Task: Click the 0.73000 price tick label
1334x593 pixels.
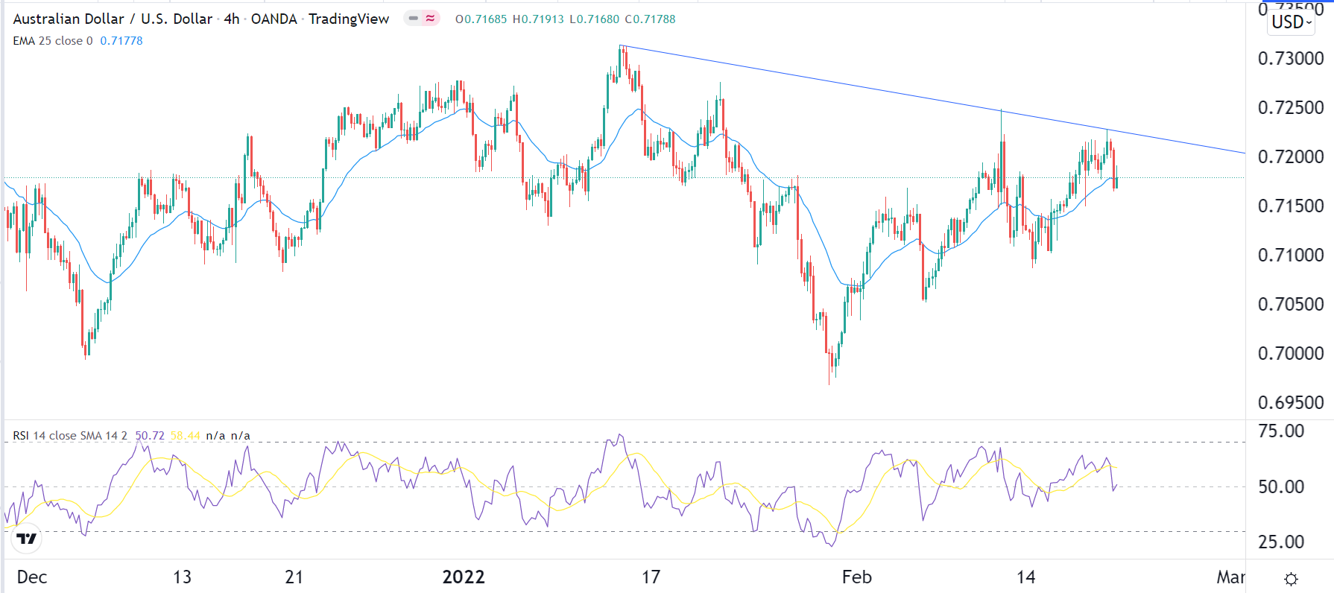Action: click(x=1290, y=59)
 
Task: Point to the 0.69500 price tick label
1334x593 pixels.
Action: click(x=1290, y=403)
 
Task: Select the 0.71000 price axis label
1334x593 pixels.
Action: click(x=1290, y=256)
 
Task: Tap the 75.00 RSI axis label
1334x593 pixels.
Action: click(x=1281, y=431)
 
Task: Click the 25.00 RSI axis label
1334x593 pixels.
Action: click(x=1281, y=542)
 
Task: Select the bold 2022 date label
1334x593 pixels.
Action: click(x=464, y=577)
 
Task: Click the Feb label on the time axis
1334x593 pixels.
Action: click(x=856, y=577)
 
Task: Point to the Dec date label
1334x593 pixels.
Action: click(x=32, y=577)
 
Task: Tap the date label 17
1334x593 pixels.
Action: click(x=651, y=577)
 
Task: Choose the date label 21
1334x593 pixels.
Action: click(x=294, y=577)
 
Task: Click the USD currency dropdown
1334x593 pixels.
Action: click(x=1291, y=22)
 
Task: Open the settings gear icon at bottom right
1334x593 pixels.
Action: click(x=1292, y=579)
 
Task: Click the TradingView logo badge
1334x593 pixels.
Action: click(x=27, y=539)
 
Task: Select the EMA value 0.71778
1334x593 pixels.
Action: click(x=121, y=41)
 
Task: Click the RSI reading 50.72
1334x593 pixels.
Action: click(x=150, y=436)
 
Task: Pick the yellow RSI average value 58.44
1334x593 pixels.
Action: click(x=185, y=436)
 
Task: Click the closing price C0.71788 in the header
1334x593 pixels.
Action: click(x=650, y=19)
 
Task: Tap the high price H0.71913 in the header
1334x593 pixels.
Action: click(x=538, y=19)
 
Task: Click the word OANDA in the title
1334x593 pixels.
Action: click(x=274, y=19)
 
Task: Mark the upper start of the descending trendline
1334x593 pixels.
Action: click(x=621, y=46)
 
